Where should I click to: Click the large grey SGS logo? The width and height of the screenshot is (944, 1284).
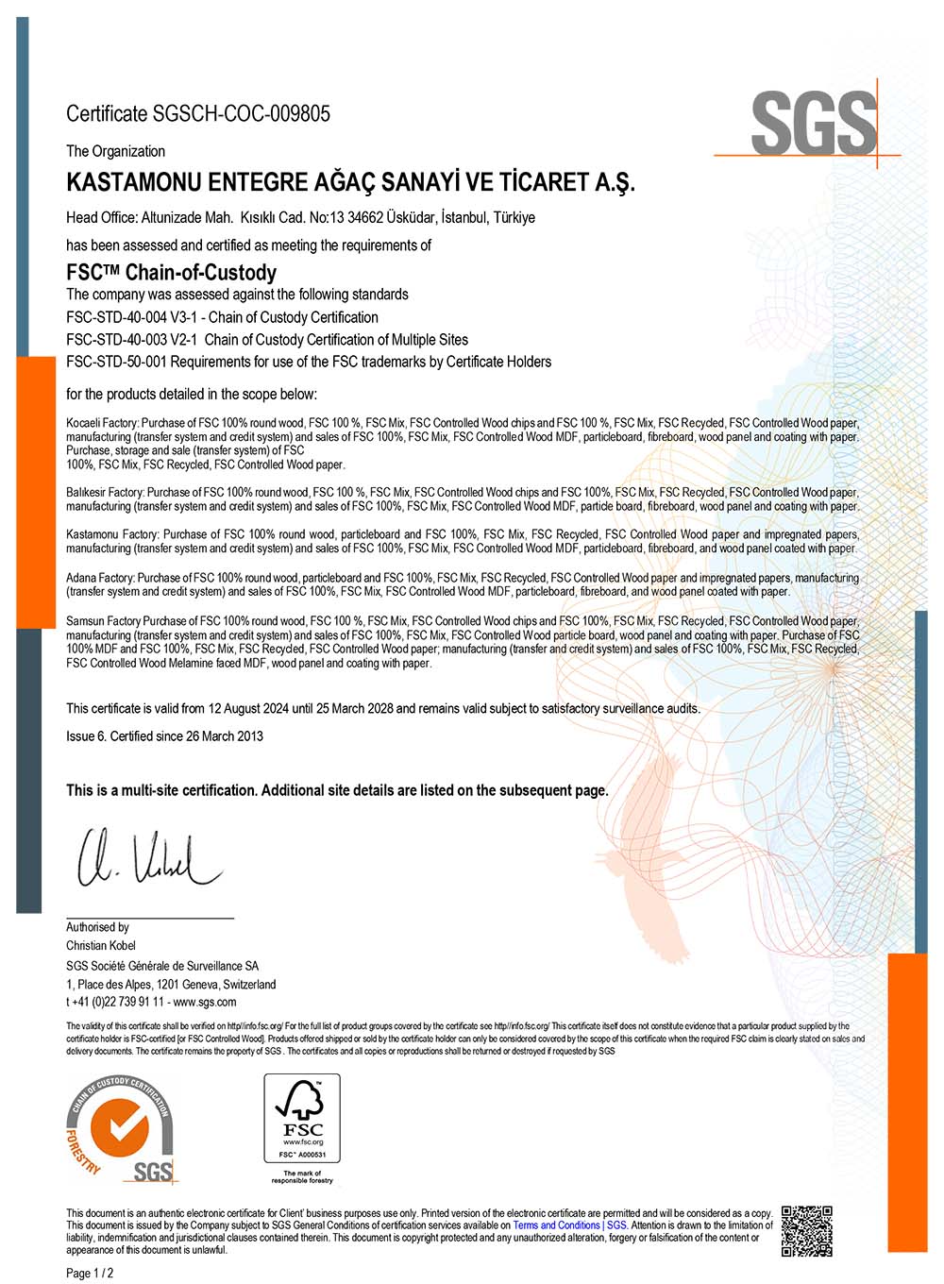tap(814, 123)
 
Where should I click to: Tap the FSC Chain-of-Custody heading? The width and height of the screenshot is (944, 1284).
tap(171, 273)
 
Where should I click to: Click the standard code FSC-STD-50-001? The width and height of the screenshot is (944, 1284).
tap(122, 362)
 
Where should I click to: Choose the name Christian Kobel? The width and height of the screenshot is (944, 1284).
tap(101, 946)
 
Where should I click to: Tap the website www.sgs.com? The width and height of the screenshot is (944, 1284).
tap(205, 1002)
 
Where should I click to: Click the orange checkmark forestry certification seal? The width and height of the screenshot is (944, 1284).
tap(120, 1128)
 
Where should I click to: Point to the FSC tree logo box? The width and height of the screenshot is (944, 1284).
tap(302, 1119)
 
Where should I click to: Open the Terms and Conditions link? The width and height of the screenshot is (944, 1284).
tap(556, 1225)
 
